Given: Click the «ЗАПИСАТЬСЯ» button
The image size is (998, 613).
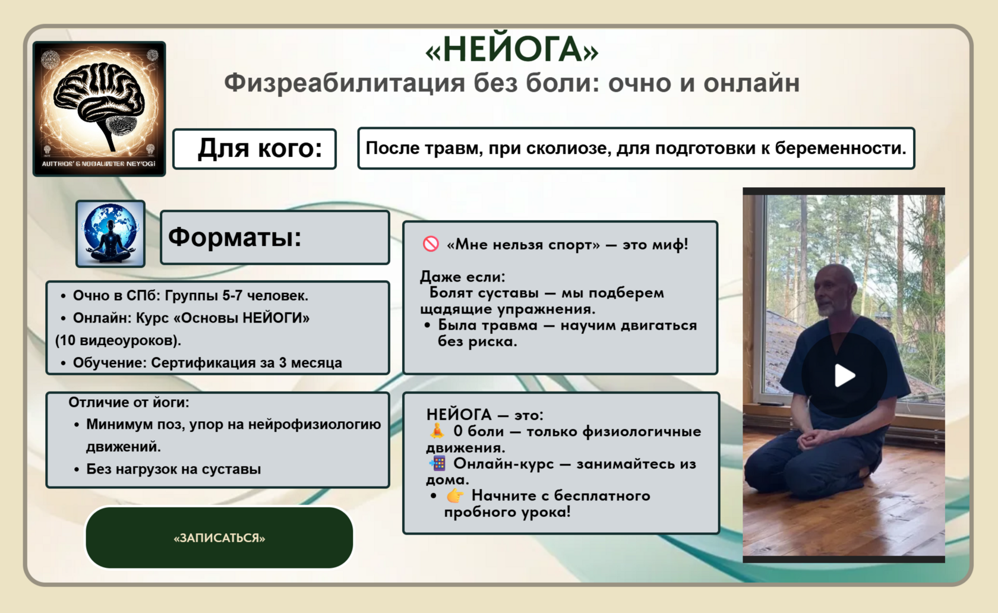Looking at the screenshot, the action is pos(219,537).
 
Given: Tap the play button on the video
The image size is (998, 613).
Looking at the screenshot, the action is pos(844,375).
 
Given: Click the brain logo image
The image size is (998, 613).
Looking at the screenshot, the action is pos(99,109).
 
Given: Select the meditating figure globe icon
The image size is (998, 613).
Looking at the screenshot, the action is pos(110,234).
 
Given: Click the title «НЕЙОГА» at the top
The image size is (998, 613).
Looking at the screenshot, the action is pos(512,49).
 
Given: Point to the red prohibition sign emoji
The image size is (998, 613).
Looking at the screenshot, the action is pos(431,244).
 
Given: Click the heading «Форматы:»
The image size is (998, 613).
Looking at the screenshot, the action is pos(235,236).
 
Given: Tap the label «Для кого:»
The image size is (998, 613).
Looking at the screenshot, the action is pos(260,148).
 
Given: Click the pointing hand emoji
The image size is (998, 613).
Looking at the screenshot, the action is pos(455,495).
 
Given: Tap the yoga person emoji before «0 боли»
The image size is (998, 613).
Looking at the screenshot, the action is pos(437,431).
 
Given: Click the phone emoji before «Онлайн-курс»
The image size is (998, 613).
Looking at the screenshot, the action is pos(437,463).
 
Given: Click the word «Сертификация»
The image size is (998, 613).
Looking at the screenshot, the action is pos(206,362).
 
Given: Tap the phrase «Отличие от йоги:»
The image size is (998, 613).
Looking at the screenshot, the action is pos(129,402).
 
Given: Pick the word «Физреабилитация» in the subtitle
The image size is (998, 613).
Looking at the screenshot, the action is pos(345,83).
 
